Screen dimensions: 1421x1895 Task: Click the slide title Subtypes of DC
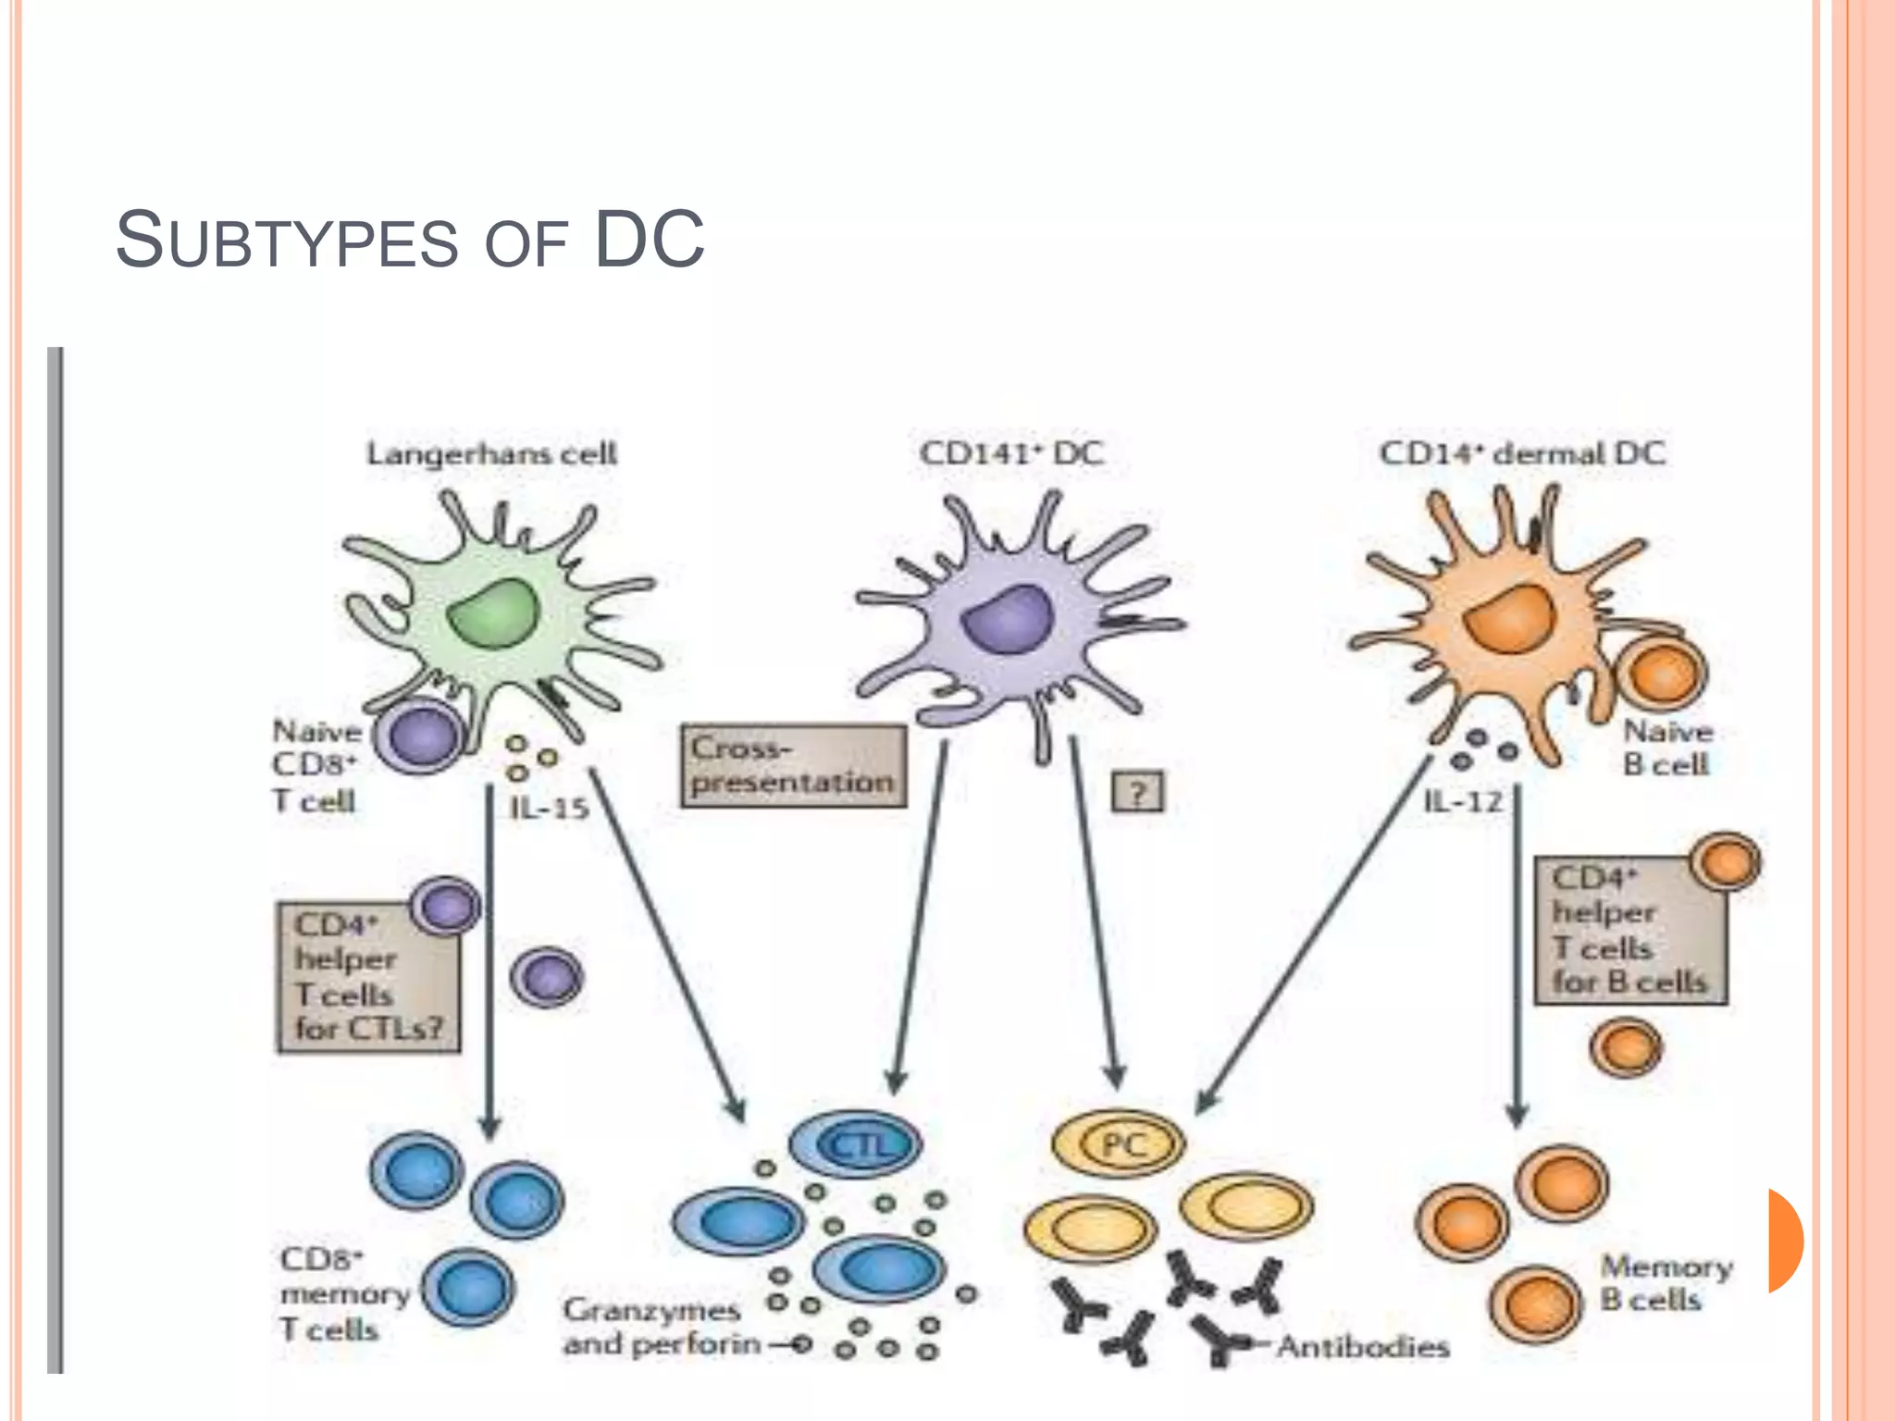click(410, 241)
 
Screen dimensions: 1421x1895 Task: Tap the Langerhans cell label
click(491, 454)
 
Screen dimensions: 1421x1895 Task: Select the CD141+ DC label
click(1011, 453)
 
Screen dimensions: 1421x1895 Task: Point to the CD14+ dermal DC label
click(1522, 453)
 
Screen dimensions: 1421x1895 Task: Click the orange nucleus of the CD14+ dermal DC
click(1511, 618)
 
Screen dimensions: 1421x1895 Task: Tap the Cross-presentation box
click(793, 766)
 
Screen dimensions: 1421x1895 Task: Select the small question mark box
click(1137, 792)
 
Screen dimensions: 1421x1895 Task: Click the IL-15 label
click(549, 809)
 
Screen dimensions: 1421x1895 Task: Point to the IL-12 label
click(1463, 801)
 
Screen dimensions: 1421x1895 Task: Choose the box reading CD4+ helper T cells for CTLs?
click(368, 978)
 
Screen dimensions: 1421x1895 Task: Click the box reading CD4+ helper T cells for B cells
click(1630, 931)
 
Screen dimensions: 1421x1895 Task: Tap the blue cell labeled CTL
click(856, 1145)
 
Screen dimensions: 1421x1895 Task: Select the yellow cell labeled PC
click(1119, 1144)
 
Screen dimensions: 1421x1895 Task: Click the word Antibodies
click(1363, 1347)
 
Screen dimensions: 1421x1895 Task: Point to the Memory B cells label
click(1666, 1282)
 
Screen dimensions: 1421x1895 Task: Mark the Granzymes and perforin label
click(661, 1327)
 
